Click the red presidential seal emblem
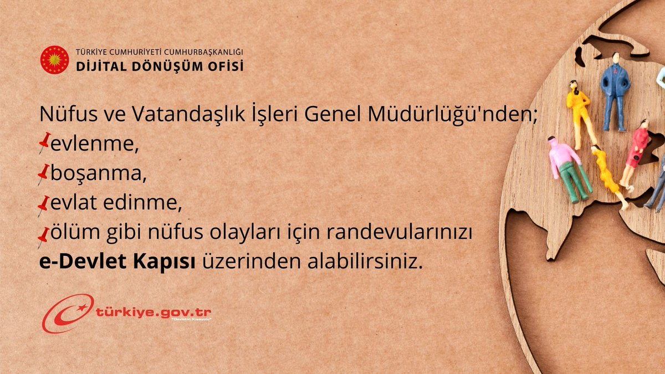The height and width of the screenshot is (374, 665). pos(55,60)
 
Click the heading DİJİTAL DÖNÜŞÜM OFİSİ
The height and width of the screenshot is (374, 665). pos(160,66)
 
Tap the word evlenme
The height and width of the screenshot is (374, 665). pos(94,144)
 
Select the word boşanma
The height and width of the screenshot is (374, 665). pos(99,175)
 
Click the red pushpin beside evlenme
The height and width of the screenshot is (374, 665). pos(44,142)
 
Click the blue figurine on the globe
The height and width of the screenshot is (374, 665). pos(615,91)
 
